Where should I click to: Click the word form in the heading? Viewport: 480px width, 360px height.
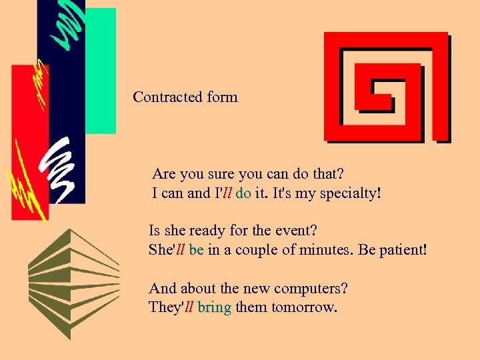pyautogui.click(x=222, y=97)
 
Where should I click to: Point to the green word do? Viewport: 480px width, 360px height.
pyautogui.click(x=243, y=194)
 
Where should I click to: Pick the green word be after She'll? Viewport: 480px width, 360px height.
pyautogui.click(x=196, y=251)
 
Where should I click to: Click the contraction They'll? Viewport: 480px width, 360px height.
pyautogui.click(x=171, y=308)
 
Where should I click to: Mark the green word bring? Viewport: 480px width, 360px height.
pyautogui.click(x=214, y=308)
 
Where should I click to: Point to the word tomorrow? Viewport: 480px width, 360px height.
pyautogui.click(x=303, y=308)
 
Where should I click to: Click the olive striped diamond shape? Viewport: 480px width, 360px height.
pyautogui.click(x=73, y=283)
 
